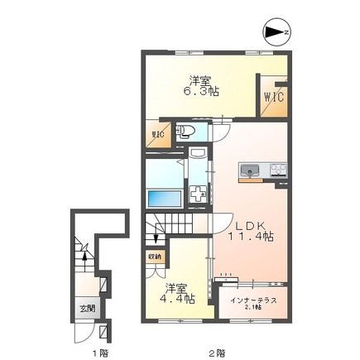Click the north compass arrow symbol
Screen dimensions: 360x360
click(x=274, y=32)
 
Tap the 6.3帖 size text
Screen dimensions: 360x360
click(x=198, y=91)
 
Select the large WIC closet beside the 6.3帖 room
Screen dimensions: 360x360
click(x=273, y=96)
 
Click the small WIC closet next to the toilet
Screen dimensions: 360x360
click(x=157, y=135)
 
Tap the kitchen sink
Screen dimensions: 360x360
click(x=248, y=171)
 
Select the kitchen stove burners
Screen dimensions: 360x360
click(x=276, y=171)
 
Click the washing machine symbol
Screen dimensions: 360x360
click(x=199, y=194)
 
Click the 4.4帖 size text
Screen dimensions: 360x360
click(x=178, y=299)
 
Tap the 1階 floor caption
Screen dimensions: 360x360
click(x=99, y=353)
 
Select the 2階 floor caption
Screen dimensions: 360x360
click(x=217, y=353)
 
